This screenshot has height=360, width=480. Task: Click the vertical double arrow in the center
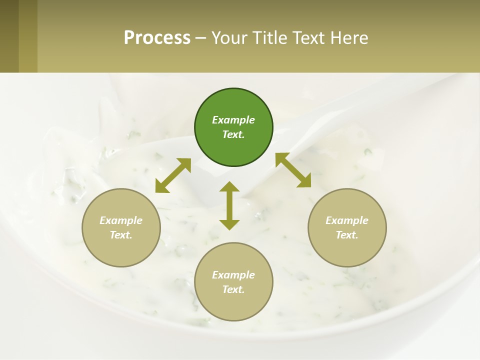229,205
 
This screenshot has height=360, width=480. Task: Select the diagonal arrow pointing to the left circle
173,175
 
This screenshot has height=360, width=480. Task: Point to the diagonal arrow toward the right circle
293,170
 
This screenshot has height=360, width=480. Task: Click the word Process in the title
157,37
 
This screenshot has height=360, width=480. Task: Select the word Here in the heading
348,37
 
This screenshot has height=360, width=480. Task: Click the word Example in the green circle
233,120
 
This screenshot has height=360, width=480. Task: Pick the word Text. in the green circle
233,134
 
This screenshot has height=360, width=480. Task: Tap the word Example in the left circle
121,220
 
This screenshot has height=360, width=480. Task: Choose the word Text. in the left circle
121,235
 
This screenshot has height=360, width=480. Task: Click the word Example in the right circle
347,220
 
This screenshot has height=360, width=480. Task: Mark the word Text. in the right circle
347,235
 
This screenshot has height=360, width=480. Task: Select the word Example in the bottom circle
233,275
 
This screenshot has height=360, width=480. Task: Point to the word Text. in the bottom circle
233,289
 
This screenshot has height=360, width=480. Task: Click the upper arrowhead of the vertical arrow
229,186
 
